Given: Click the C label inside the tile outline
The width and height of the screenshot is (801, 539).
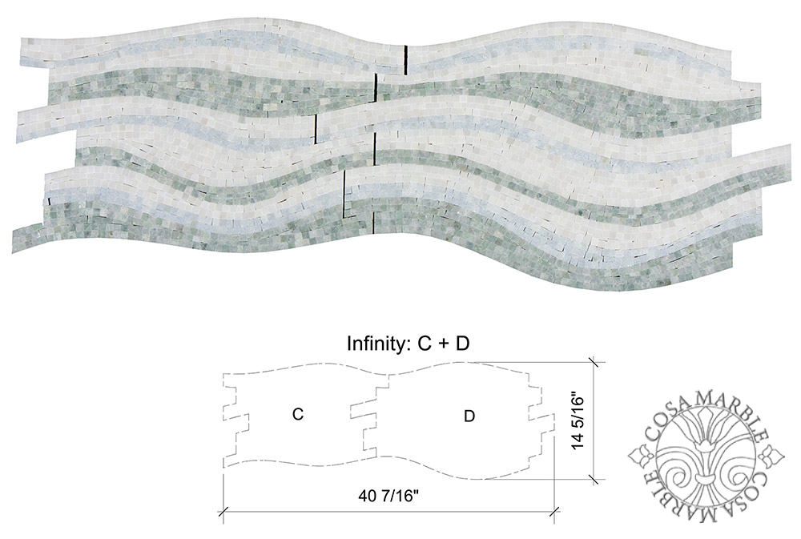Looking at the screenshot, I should (297, 414).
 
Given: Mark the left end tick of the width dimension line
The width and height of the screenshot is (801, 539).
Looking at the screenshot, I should (223, 510).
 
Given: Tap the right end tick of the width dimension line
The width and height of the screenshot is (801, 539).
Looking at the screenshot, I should (556, 510).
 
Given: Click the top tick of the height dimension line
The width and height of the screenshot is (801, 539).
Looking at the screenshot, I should (593, 361).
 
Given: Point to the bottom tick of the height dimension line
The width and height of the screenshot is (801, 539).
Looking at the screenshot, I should (593, 479).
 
